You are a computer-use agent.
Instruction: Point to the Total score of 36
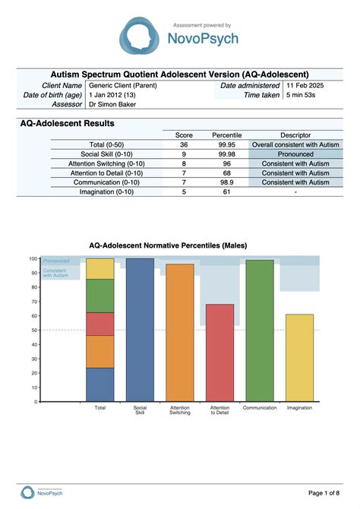184,144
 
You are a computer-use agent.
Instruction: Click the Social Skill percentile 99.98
226,153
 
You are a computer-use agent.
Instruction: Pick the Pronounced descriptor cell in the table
296,153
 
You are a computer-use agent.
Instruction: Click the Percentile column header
226,134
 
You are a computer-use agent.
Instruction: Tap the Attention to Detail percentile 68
226,172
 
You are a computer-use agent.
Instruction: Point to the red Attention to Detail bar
219,353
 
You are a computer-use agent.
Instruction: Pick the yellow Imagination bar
299,357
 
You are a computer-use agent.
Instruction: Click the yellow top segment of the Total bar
99,269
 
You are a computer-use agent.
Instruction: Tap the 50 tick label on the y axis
34,330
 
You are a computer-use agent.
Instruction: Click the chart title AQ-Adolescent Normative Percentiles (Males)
179,245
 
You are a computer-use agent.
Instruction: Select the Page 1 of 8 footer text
321,494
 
